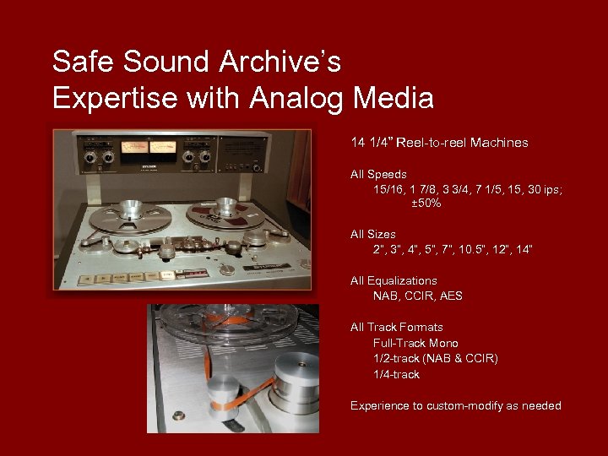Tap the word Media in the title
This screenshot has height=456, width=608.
click(392, 99)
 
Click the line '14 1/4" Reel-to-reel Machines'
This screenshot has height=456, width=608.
click(439, 143)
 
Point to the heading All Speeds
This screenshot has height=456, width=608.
click(378, 175)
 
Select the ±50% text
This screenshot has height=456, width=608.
click(426, 204)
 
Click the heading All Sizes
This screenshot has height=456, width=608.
click(372, 234)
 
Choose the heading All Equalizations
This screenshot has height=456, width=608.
click(394, 280)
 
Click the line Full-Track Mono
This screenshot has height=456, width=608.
click(415, 343)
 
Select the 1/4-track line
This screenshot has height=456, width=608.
click(396, 374)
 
